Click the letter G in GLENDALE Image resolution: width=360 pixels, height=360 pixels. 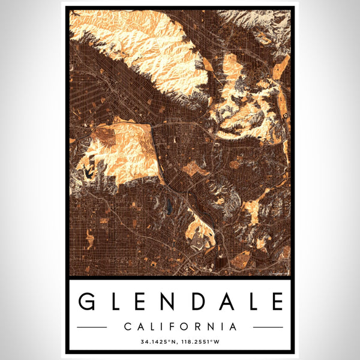[88, 301]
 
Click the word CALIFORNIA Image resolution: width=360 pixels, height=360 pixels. [180, 327]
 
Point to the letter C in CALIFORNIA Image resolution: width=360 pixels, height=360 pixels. [128, 327]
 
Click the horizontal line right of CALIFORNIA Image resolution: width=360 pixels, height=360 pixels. [268, 328]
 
